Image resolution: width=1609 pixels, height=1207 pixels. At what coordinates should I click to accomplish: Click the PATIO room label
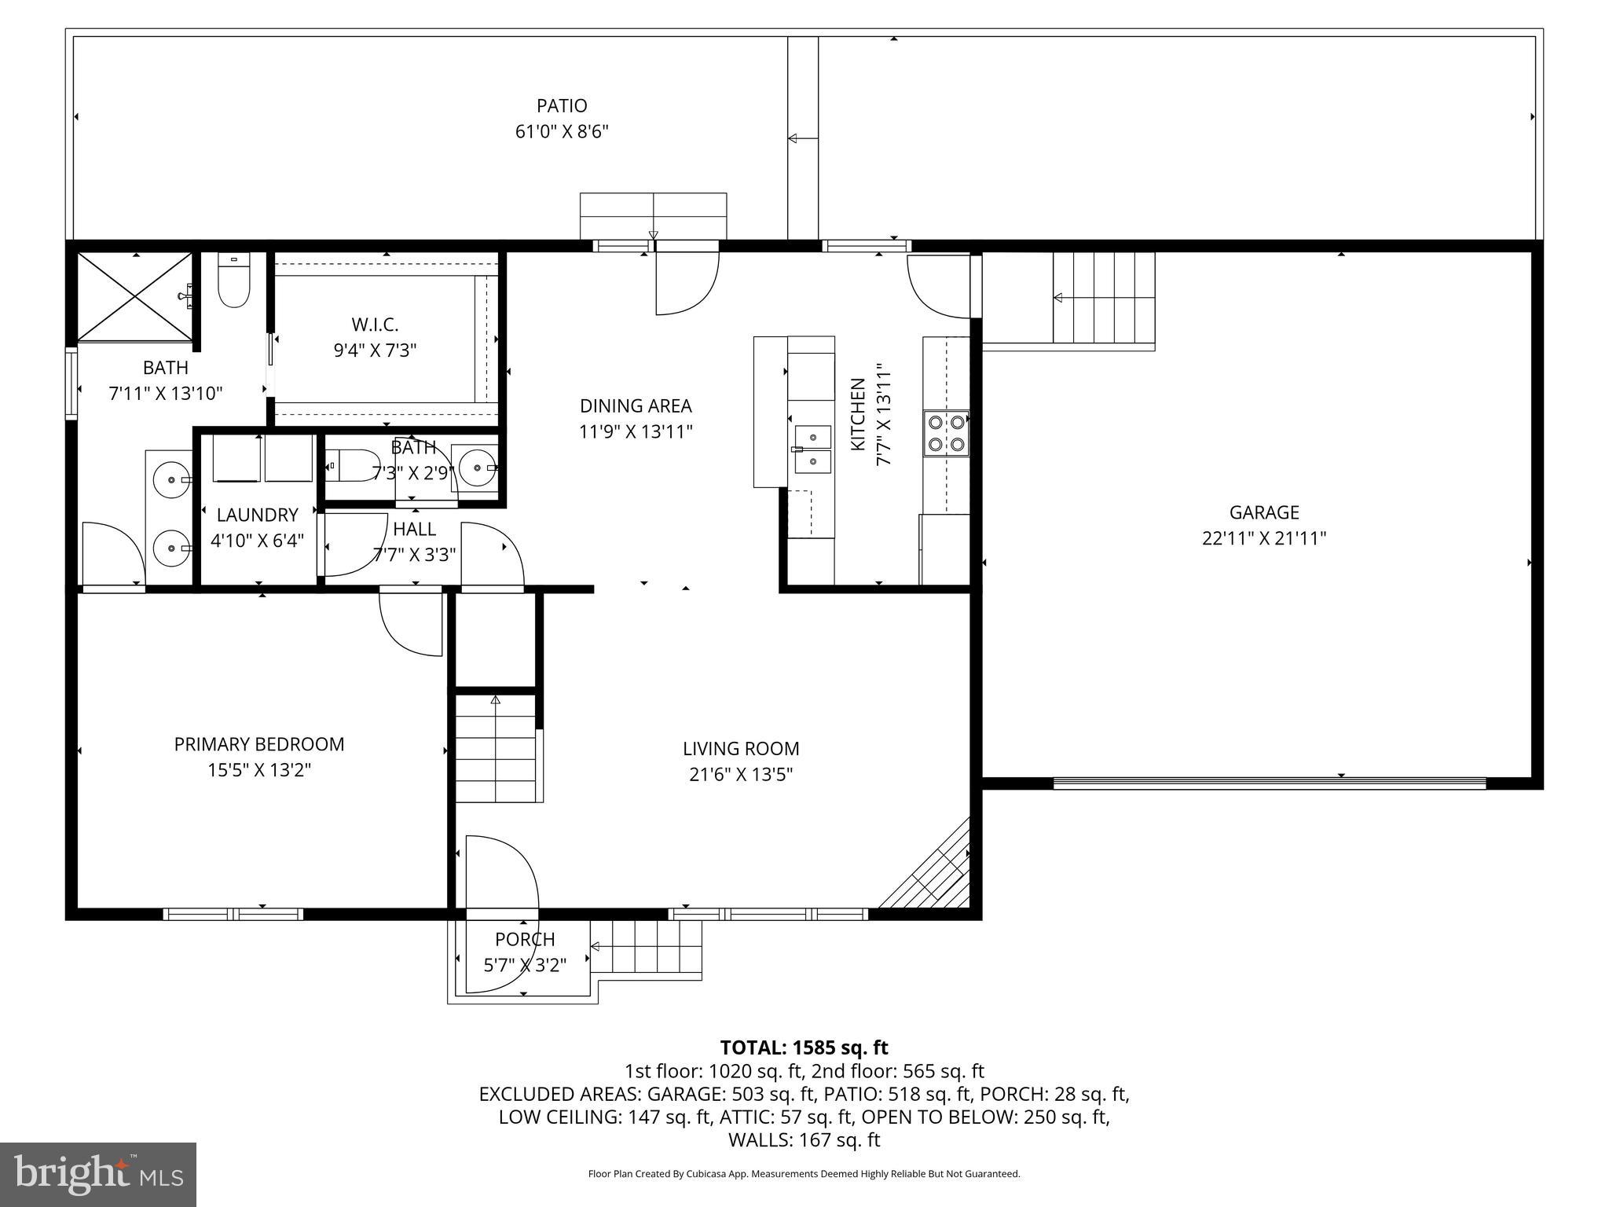[x=562, y=105]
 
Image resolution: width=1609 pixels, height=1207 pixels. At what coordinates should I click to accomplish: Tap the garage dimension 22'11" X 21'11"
[x=1263, y=538]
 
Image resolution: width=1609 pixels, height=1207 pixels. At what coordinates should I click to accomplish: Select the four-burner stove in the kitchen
[x=946, y=433]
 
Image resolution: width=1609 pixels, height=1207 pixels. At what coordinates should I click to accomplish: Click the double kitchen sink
[x=812, y=449]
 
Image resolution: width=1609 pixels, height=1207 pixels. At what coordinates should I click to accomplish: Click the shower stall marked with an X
[x=135, y=297]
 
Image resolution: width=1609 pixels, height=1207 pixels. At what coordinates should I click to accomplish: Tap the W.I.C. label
[x=375, y=325]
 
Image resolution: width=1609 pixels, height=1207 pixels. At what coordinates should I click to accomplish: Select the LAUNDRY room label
[x=257, y=515]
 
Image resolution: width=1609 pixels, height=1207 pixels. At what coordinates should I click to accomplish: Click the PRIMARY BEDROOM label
[x=259, y=744]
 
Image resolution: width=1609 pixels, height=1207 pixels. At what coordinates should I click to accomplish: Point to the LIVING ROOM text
[x=741, y=749]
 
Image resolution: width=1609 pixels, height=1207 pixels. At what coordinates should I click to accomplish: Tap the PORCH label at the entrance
[x=525, y=939]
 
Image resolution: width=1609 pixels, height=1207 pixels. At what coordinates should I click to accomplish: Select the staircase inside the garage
[x=1104, y=298]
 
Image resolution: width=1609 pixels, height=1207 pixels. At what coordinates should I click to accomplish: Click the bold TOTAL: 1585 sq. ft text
[x=804, y=1047]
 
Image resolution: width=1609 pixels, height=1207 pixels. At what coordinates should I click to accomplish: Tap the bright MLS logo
[x=98, y=1174]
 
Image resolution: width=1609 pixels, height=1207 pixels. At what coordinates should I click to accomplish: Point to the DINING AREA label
[x=636, y=406]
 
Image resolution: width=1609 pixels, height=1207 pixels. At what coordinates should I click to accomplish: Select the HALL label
[x=414, y=529]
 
